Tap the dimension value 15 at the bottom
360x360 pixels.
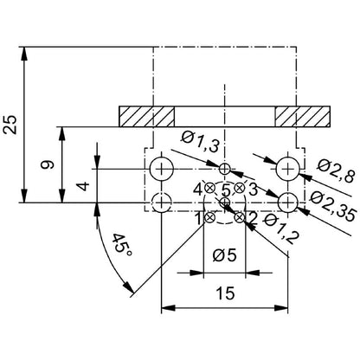226,293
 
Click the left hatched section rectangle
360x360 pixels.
147,116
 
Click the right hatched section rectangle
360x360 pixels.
303,116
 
